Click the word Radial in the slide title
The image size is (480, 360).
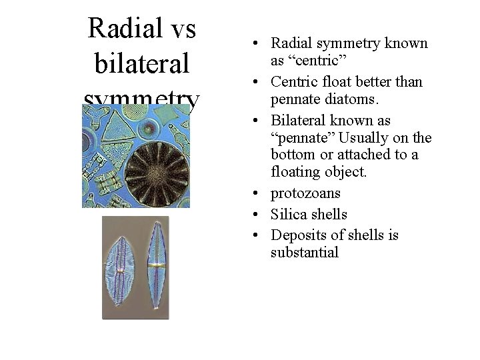pyautogui.click(x=125, y=29)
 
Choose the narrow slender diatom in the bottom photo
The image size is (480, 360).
pyautogui.click(x=157, y=267)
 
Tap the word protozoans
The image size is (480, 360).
pyautogui.click(x=305, y=193)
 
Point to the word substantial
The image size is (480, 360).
pyautogui.click(x=305, y=253)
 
